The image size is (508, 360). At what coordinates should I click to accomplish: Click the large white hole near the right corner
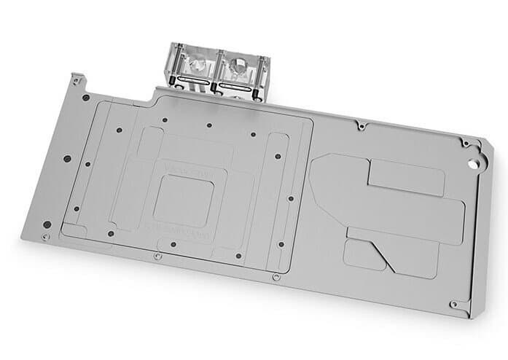pos(474,154)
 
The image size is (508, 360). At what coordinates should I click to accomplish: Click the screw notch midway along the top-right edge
pos(361,126)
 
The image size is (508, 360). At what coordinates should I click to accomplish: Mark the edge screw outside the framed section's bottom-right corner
pos(275,276)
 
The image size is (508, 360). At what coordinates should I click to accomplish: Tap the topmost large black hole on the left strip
pos(85,98)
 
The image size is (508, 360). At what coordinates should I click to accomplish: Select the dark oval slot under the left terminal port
pos(192,87)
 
